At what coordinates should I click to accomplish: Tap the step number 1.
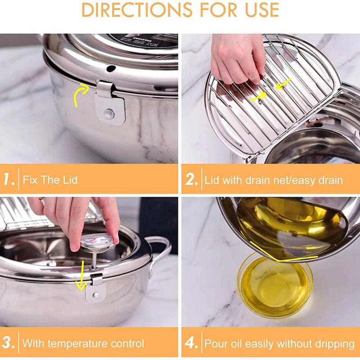(9, 180)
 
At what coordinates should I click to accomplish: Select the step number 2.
(191, 180)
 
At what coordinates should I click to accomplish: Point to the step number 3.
(9, 343)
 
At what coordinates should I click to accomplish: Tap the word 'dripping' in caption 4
(333, 344)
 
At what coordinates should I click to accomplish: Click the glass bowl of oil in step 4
(274, 283)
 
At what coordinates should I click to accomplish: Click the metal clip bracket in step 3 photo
(95, 288)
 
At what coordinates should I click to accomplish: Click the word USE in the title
(258, 10)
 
